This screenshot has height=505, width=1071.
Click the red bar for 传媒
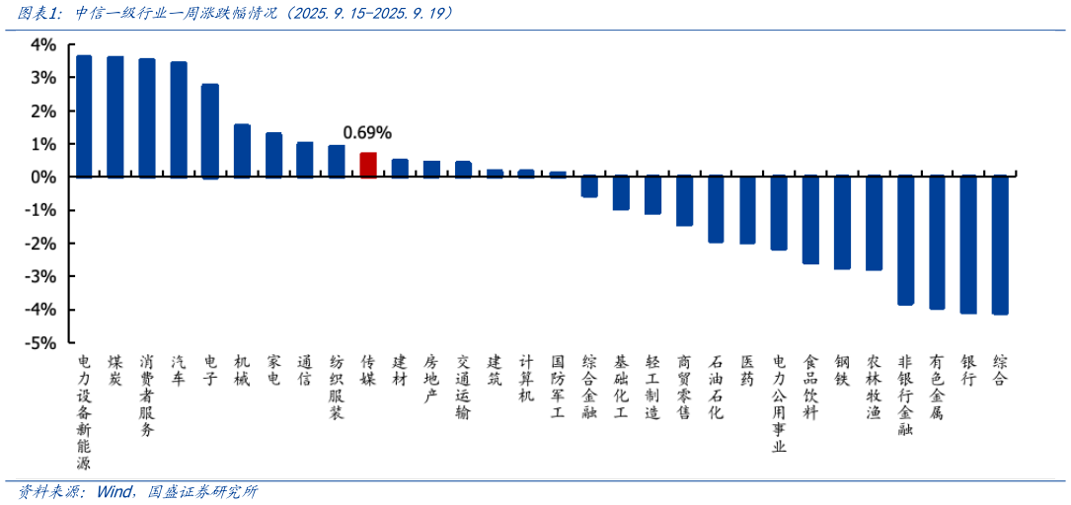coord(367,165)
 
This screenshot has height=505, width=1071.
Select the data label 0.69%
coord(367,132)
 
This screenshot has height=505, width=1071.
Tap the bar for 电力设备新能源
coord(84,116)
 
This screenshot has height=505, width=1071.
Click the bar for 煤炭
coord(115,116)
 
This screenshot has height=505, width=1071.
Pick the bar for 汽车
coord(179,119)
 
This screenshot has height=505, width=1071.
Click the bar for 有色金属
coord(937,243)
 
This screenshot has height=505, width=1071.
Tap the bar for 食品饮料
coord(810,220)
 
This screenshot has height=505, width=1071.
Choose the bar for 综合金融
coord(589,186)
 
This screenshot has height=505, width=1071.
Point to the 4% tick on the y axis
coord(42,44)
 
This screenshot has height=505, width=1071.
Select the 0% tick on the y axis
coord(42,178)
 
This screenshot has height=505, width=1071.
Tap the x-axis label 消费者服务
coord(147,395)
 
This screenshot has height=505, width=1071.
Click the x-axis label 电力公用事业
coord(779,403)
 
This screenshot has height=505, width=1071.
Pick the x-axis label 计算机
coord(526,378)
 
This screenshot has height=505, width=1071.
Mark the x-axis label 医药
coord(747,370)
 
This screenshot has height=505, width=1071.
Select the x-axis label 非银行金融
coord(905,395)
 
